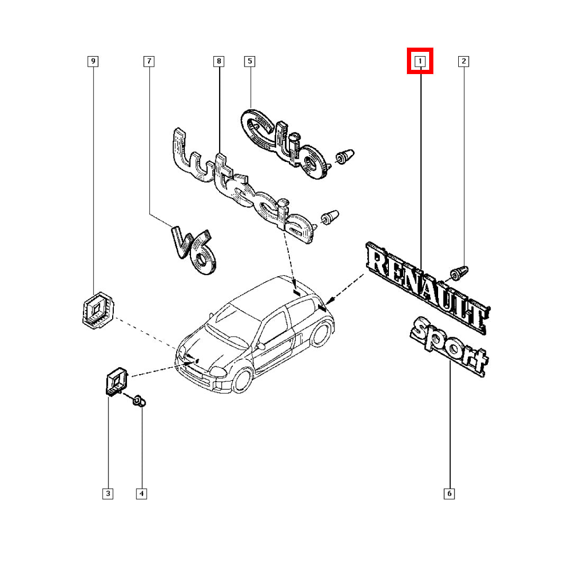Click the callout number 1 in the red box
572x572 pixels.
tap(420, 61)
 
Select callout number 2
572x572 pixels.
tap(464, 61)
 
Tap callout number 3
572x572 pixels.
tap(107, 494)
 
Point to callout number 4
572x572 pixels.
tap(141, 494)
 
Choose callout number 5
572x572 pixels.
tap(250, 61)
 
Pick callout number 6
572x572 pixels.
tap(449, 494)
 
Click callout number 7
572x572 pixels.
tap(149, 61)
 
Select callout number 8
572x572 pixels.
tap(219, 61)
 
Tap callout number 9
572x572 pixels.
tap(93, 61)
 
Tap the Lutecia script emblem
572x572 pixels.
tap(242, 186)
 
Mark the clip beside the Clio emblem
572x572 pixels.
tap(344, 156)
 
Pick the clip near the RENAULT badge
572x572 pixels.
tap(459, 273)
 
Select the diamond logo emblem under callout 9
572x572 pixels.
tap(97, 310)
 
